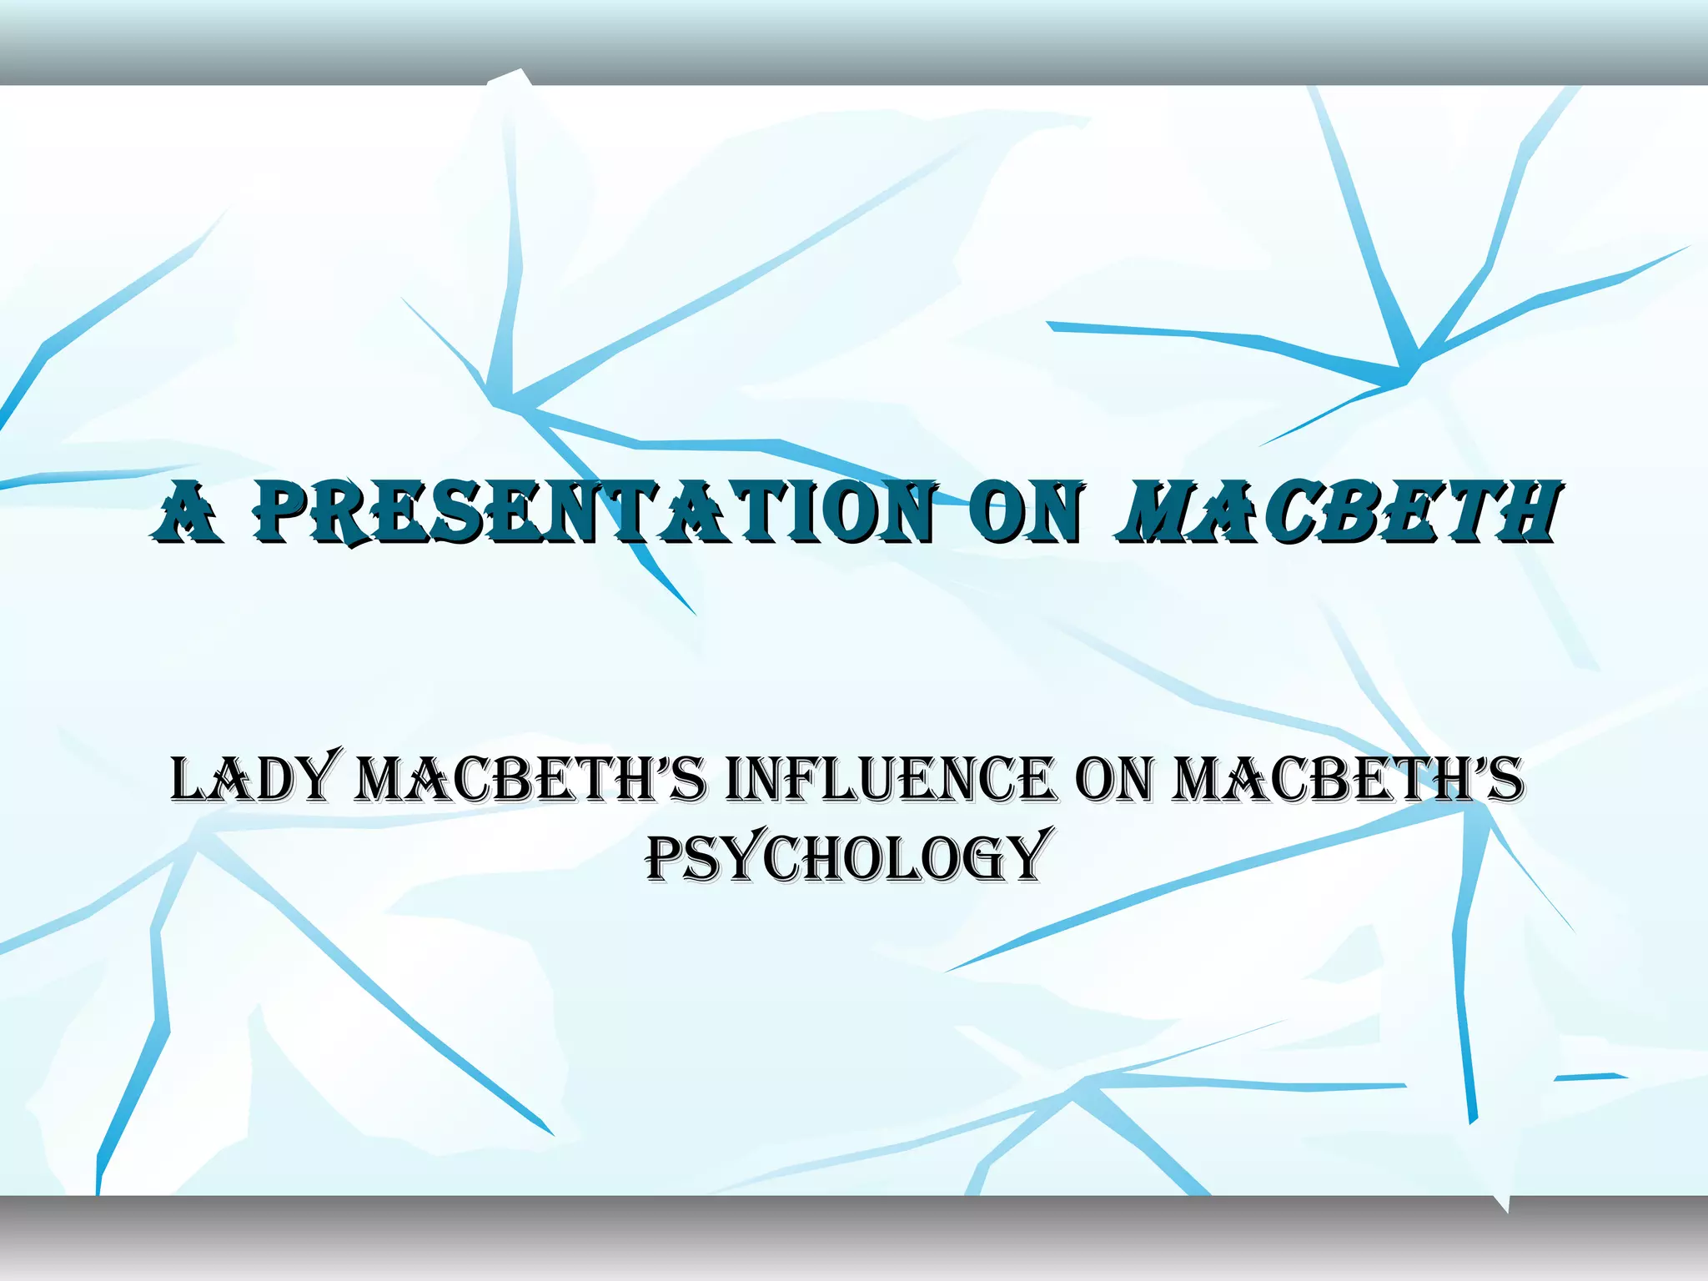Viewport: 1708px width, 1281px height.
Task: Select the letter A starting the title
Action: click(188, 514)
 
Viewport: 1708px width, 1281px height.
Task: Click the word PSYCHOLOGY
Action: click(845, 856)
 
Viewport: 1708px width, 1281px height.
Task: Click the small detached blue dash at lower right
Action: click(1590, 1077)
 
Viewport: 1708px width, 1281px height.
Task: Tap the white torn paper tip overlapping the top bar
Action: click(509, 78)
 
